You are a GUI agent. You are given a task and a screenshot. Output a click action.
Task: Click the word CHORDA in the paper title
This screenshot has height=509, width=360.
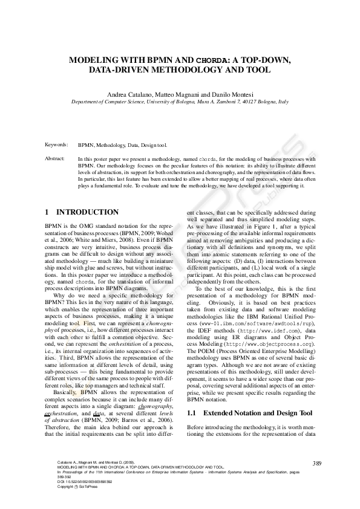(x=212, y=60)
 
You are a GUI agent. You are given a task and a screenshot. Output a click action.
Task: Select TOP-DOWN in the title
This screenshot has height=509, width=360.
(x=267, y=60)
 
